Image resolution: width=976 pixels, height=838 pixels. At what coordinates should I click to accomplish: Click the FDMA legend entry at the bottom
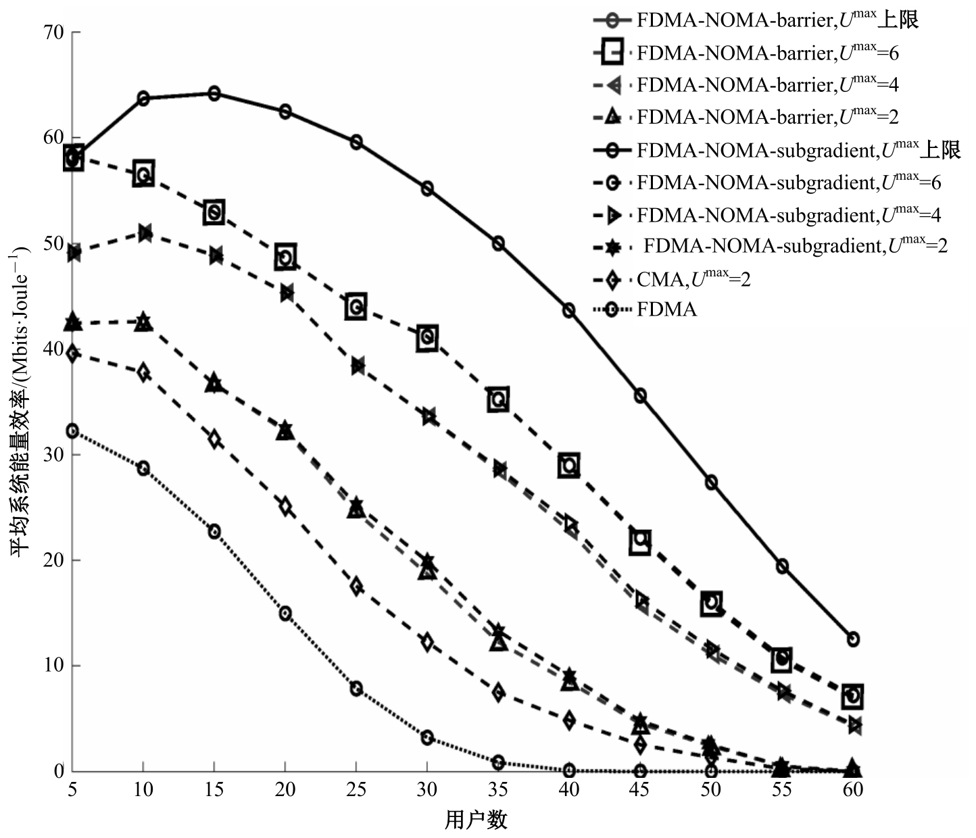pos(666,310)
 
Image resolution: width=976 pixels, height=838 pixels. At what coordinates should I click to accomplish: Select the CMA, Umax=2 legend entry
pos(693,278)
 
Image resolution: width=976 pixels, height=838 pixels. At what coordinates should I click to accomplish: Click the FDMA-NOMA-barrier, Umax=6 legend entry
pos(767,53)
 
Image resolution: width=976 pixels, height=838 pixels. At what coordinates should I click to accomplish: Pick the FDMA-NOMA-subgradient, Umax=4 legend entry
pos(788,215)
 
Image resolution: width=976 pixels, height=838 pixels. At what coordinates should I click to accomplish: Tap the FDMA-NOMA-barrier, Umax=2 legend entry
pos(767,117)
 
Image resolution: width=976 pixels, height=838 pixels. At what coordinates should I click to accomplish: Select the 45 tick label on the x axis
pos(639,789)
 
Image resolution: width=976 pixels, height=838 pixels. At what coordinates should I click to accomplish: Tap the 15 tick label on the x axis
pos(214,789)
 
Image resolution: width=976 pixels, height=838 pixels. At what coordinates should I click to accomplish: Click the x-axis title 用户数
pos(476,820)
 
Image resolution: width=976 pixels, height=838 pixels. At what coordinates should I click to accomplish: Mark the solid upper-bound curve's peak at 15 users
pos(214,93)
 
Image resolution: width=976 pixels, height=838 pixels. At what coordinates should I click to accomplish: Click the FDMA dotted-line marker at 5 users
pos(72,431)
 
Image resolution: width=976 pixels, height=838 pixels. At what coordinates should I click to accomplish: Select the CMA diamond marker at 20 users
pos(285,506)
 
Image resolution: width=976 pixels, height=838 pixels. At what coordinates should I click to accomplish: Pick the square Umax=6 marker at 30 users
pos(427,337)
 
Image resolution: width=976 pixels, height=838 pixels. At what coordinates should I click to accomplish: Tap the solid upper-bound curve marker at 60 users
pos(853,639)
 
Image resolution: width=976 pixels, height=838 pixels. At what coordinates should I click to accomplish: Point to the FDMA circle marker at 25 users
pos(356,689)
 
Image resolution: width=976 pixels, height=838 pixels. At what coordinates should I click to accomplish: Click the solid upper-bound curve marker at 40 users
pos(569,310)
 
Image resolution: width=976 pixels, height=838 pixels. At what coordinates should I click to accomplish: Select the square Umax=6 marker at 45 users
pos(640,541)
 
